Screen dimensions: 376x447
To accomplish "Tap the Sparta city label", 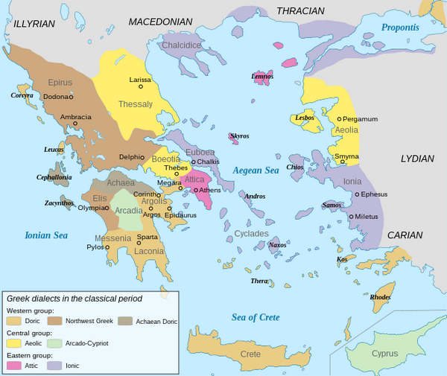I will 148,237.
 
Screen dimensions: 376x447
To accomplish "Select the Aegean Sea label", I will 256,171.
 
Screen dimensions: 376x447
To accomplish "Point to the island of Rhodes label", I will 380,297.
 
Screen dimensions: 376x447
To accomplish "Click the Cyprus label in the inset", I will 384,354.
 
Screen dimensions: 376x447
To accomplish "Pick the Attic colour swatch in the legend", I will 13,366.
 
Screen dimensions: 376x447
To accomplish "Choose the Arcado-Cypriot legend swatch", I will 55,343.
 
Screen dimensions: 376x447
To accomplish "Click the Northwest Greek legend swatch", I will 55,320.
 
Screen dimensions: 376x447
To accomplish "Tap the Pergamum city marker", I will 339,119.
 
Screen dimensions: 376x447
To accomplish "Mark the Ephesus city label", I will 375,194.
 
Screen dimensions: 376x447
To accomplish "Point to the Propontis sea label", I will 400,28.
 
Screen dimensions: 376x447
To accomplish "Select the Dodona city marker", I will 72,97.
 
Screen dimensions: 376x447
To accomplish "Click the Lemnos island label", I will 262,76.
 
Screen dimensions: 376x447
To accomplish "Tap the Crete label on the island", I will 250,354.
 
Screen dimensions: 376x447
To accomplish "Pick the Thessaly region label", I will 135,104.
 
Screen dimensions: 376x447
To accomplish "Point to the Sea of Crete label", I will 255,317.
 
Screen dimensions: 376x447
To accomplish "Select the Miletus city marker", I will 351,217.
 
